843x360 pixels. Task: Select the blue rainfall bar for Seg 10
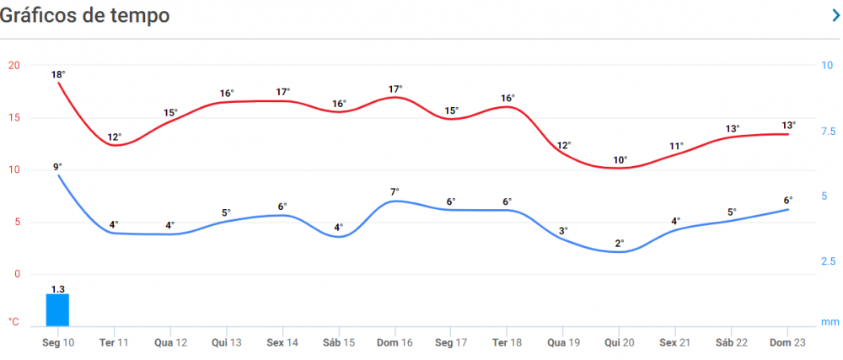tap(57, 309)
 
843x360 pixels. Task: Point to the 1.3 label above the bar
tap(57, 289)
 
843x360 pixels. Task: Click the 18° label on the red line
tap(58, 74)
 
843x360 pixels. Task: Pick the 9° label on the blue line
tap(57, 166)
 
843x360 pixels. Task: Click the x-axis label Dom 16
tap(395, 343)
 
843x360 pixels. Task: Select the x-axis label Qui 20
tap(619, 343)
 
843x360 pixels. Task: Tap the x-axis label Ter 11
tap(114, 343)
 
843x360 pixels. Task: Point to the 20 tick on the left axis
tap(13, 65)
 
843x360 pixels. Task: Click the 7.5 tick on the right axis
tap(829, 132)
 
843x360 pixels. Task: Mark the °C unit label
tap(13, 321)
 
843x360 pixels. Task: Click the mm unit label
tap(830, 322)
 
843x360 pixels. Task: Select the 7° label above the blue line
tap(395, 191)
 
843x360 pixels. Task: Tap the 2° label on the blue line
tap(620, 243)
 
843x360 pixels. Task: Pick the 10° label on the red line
tap(620, 159)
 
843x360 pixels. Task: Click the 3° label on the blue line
tap(563, 230)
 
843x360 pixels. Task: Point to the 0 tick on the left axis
tap(15, 274)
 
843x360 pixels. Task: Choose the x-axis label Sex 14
tap(282, 343)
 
